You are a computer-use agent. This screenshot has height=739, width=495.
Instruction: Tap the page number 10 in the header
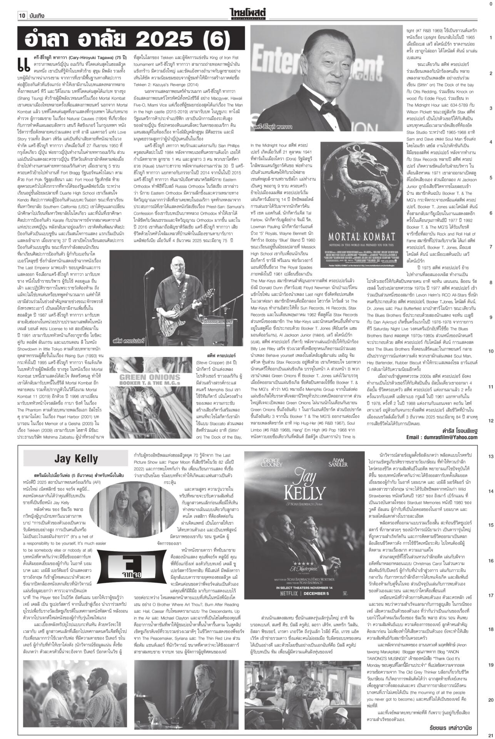[x=22, y=16]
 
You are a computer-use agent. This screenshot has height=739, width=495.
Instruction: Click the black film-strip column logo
[x=127, y=567]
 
